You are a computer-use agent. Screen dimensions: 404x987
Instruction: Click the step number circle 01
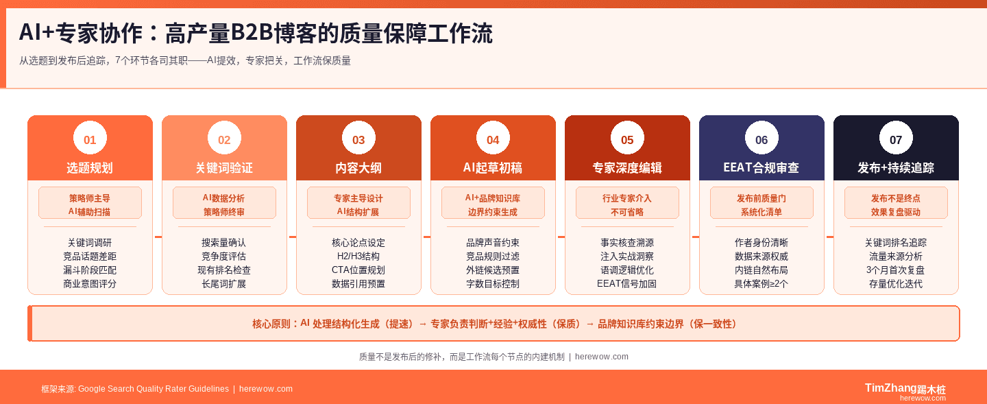pyautogui.click(x=90, y=140)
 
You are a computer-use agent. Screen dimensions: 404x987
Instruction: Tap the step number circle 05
pyautogui.click(x=627, y=140)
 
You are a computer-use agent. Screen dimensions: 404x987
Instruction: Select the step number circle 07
pyautogui.click(x=896, y=140)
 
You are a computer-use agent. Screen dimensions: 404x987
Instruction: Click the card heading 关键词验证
pyautogui.click(x=224, y=168)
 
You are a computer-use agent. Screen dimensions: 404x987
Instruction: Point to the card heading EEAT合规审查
pyautogui.click(x=761, y=168)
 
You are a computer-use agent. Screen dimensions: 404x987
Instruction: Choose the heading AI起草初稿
pyautogui.click(x=493, y=168)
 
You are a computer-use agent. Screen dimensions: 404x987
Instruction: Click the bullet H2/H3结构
pyautogui.click(x=358, y=257)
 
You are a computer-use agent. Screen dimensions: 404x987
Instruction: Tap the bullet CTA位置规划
pyautogui.click(x=358, y=270)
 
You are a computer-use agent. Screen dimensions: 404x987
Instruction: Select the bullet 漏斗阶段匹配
pyautogui.click(x=90, y=270)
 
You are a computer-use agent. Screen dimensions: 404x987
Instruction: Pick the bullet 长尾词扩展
pyautogui.click(x=224, y=284)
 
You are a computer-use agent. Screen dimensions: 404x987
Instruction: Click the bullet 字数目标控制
pyautogui.click(x=493, y=284)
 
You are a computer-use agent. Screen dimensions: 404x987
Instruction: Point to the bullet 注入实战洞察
pyautogui.click(x=627, y=257)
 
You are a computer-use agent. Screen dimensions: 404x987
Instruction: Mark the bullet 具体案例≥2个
pyautogui.click(x=761, y=284)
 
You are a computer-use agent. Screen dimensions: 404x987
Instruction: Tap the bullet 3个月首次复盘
pyautogui.click(x=896, y=270)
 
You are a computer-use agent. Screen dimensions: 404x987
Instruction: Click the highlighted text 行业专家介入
pyautogui.click(x=627, y=198)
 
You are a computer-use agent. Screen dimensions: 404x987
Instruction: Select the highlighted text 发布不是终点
pyautogui.click(x=896, y=198)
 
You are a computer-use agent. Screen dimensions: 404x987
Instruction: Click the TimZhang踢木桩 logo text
pyautogui.click(x=905, y=388)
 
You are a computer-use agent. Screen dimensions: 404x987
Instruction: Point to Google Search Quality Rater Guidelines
pyautogui.click(x=154, y=389)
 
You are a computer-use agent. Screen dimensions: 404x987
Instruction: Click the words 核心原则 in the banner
pyautogui.click(x=271, y=324)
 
